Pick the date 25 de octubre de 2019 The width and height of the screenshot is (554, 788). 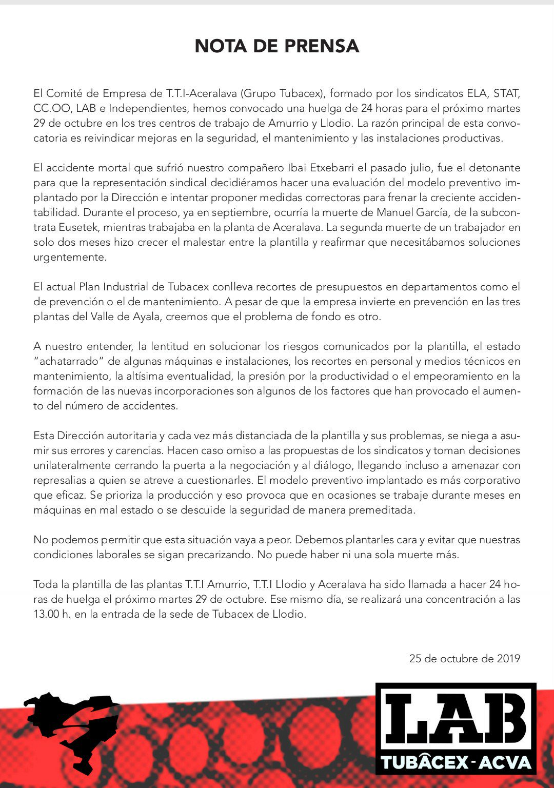464,658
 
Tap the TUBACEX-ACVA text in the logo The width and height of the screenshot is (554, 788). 456,762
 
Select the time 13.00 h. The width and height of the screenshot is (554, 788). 52,614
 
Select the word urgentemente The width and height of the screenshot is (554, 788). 70,257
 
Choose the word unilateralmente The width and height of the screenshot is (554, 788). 72,465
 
